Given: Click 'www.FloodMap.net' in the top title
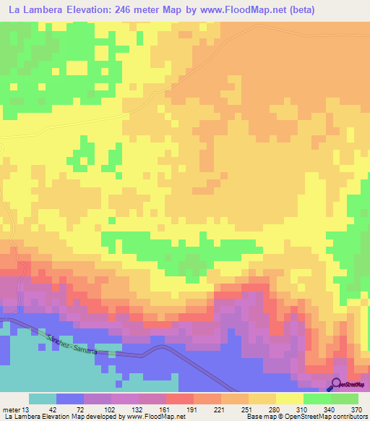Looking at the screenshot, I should coord(236,9).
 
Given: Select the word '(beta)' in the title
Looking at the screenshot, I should coord(298,9).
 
